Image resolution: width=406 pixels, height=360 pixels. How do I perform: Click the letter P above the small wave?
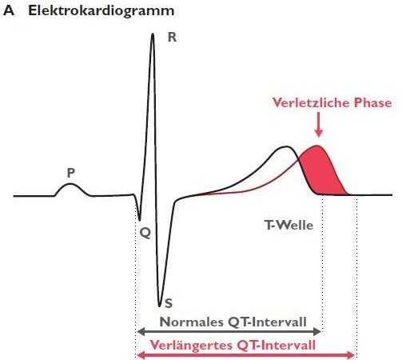(x=71, y=173)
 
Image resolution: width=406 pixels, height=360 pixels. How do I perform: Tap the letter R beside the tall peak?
(x=172, y=37)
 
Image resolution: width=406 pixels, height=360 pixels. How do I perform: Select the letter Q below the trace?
(x=145, y=233)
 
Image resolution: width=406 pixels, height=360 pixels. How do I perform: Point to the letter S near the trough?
(x=169, y=303)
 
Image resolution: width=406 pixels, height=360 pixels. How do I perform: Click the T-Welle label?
(x=289, y=226)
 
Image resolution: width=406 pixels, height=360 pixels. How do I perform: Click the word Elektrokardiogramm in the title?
(x=101, y=11)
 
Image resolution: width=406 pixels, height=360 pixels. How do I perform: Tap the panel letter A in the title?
(x=9, y=11)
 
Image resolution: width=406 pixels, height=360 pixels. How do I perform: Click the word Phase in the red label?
(x=372, y=102)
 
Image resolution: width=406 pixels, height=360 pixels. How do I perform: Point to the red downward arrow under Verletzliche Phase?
(x=318, y=125)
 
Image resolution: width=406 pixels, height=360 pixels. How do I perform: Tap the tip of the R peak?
(x=153, y=34)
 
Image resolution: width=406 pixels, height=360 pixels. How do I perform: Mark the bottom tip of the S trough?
(x=159, y=306)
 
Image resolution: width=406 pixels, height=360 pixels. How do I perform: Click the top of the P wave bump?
(x=70, y=184)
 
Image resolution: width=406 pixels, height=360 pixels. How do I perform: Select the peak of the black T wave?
(x=286, y=146)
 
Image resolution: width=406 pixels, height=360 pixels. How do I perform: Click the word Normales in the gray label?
(x=192, y=322)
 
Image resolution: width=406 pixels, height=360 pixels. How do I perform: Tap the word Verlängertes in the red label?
(x=191, y=346)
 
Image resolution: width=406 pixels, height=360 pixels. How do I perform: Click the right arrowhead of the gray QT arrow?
(x=317, y=332)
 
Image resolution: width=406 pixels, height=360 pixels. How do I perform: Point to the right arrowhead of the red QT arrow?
(x=352, y=355)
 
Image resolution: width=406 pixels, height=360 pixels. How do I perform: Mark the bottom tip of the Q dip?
(x=140, y=220)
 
